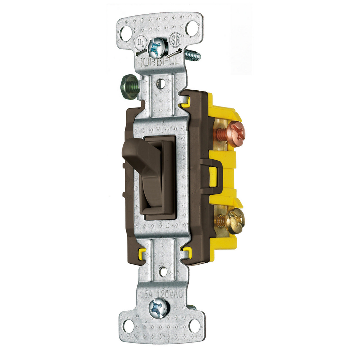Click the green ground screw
pos(129,86)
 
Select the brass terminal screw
pos(234,221)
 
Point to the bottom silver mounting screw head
pos(158,308)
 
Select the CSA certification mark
pos(175,39)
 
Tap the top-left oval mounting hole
pos(126,34)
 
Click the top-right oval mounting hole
pos(192,28)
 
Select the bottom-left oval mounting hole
pos(128,326)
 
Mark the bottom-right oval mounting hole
pos(194,326)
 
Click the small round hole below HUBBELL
pos(160,83)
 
